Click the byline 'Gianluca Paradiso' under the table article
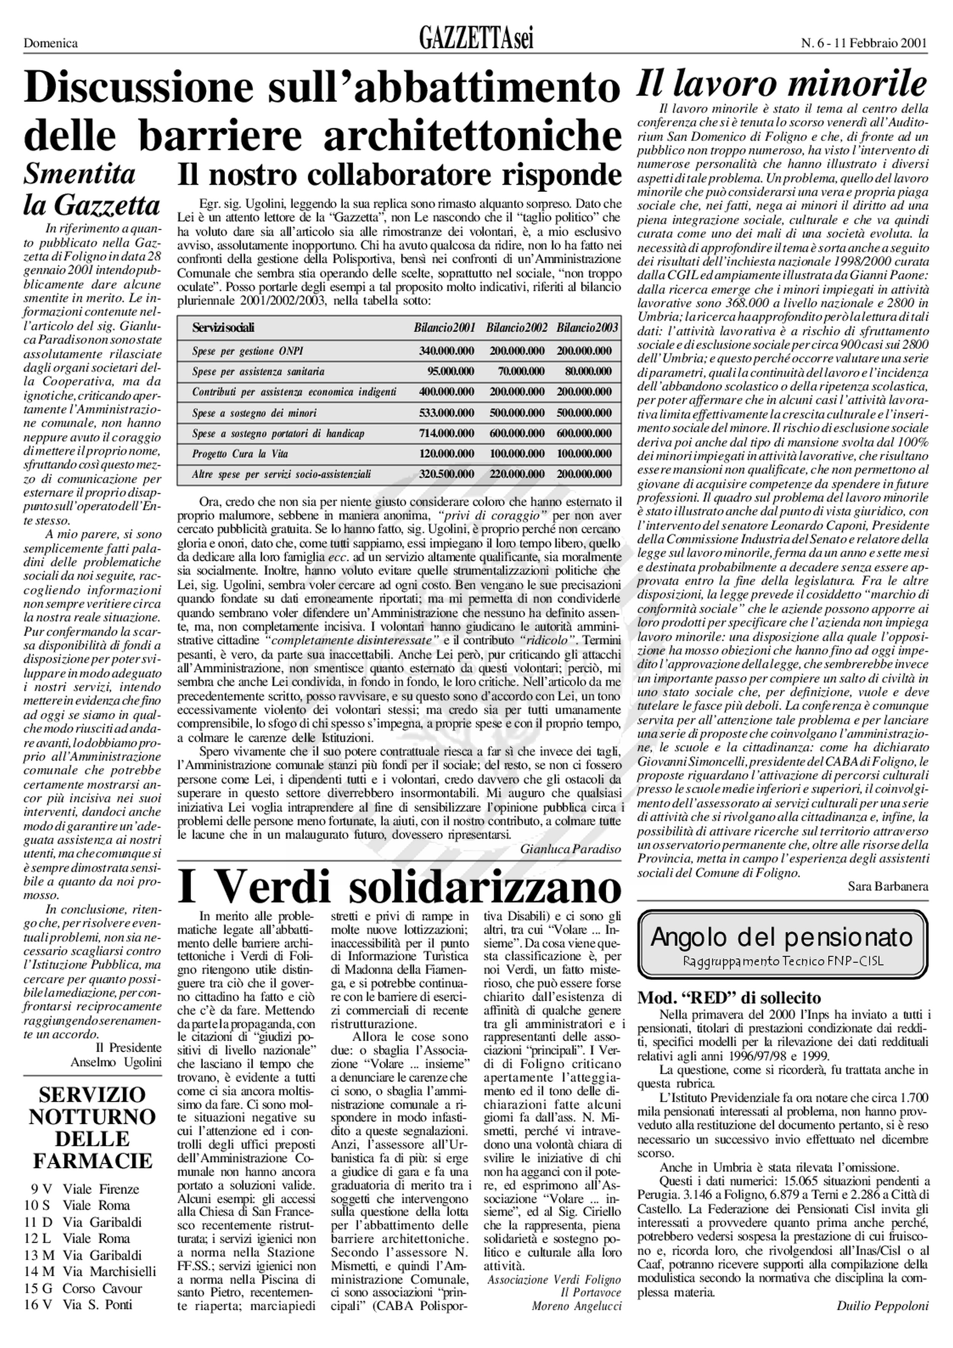coord(570,849)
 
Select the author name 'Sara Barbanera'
coord(888,887)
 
